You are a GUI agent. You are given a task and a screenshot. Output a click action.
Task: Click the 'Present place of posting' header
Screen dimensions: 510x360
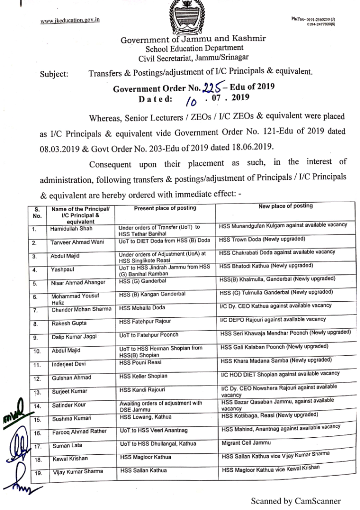[x=165, y=208]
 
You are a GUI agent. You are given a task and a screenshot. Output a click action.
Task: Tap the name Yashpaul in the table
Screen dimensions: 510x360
[x=62, y=270]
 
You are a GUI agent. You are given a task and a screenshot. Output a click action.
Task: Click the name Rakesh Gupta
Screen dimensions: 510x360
[x=67, y=323]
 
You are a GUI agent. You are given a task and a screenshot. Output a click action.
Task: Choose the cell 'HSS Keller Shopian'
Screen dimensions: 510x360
[x=143, y=376]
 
